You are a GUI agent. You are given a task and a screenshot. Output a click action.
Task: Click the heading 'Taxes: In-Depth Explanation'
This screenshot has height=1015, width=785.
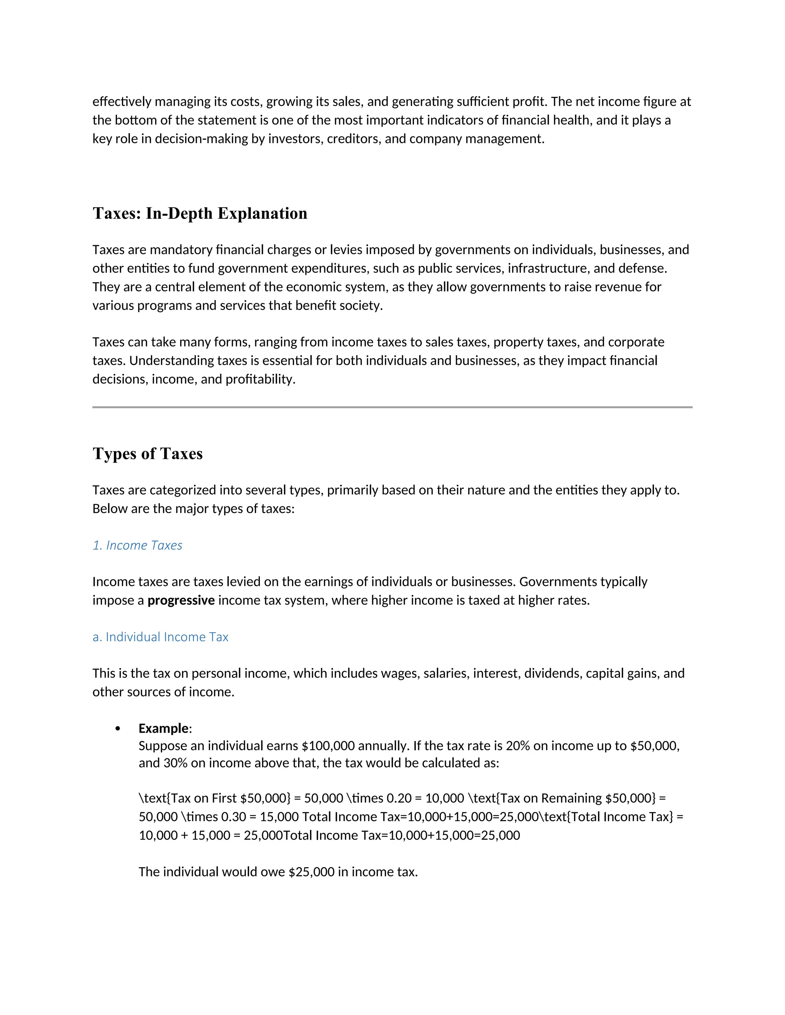(200, 213)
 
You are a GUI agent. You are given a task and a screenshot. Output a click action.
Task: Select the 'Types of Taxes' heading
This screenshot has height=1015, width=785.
(148, 453)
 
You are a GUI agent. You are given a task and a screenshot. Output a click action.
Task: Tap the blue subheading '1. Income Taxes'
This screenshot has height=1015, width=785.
(137, 545)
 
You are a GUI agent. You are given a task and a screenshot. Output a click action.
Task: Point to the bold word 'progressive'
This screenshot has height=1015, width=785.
(181, 601)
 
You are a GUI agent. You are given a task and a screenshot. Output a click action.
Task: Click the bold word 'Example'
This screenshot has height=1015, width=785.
(164, 728)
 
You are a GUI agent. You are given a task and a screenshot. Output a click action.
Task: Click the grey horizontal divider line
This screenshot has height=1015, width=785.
(392, 407)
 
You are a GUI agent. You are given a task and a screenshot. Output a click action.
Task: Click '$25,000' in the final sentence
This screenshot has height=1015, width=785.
(311, 872)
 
